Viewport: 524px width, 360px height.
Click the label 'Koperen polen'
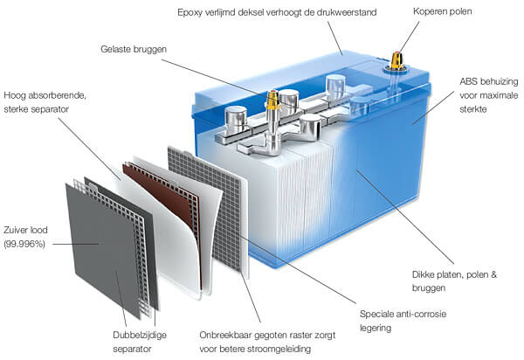click(x=443, y=11)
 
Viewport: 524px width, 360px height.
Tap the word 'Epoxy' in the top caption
click(x=190, y=13)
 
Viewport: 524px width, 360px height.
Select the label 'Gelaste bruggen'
click(x=134, y=49)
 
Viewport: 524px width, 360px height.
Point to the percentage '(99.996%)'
click(x=24, y=244)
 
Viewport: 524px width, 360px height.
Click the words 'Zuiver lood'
click(x=25, y=230)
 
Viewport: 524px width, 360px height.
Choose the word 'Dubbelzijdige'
click(x=140, y=335)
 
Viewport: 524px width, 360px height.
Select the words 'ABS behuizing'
click(x=488, y=81)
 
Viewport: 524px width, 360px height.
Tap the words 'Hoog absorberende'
click(x=45, y=95)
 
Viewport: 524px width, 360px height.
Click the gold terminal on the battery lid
click(x=397, y=60)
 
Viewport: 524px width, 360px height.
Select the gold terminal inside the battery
click(x=272, y=100)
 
